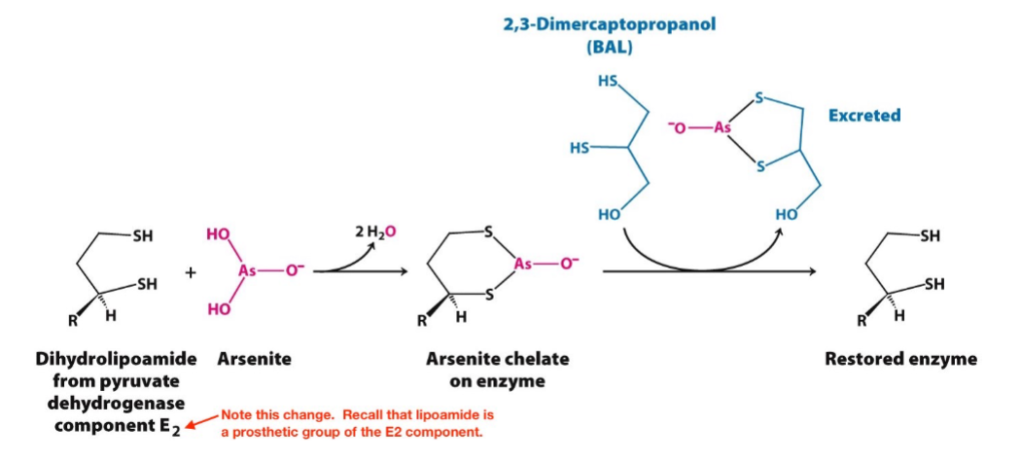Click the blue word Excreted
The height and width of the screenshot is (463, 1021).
[863, 116]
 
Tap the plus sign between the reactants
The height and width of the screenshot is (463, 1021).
[192, 274]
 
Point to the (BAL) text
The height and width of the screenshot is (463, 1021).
[609, 47]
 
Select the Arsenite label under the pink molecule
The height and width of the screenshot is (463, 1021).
[254, 359]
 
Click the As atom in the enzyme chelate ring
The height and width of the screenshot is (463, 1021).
[526, 266]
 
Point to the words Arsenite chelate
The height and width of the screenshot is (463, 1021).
[498, 359]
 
